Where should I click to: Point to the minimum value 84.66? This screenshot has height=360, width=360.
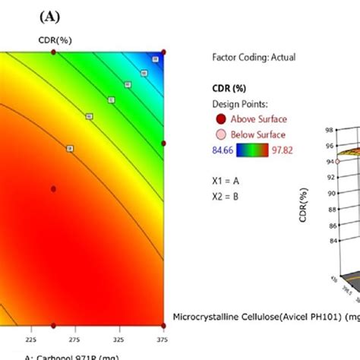(x=219, y=151)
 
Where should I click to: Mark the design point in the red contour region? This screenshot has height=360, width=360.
(x=53, y=188)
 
